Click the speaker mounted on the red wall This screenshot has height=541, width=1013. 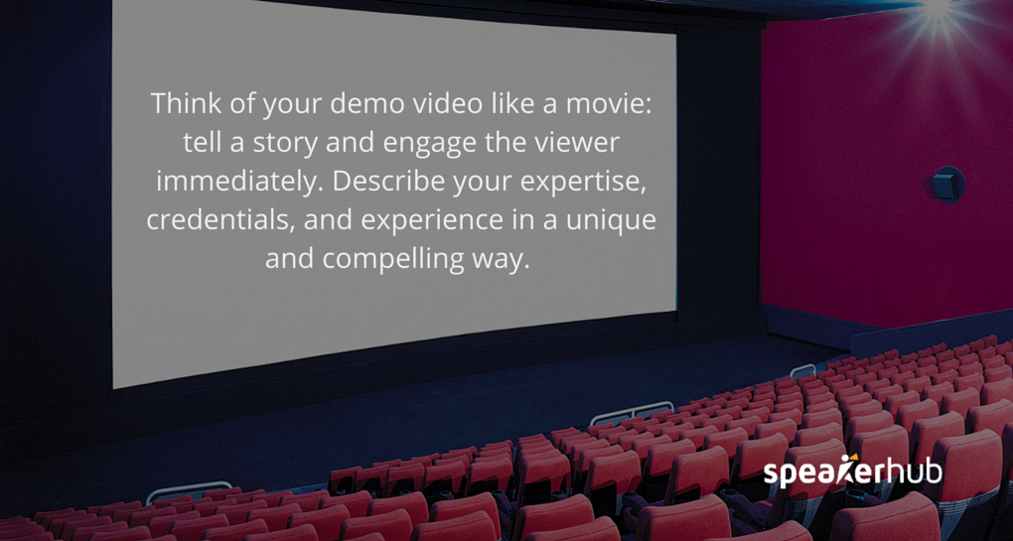(945, 184)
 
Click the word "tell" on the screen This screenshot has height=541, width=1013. (202, 143)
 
